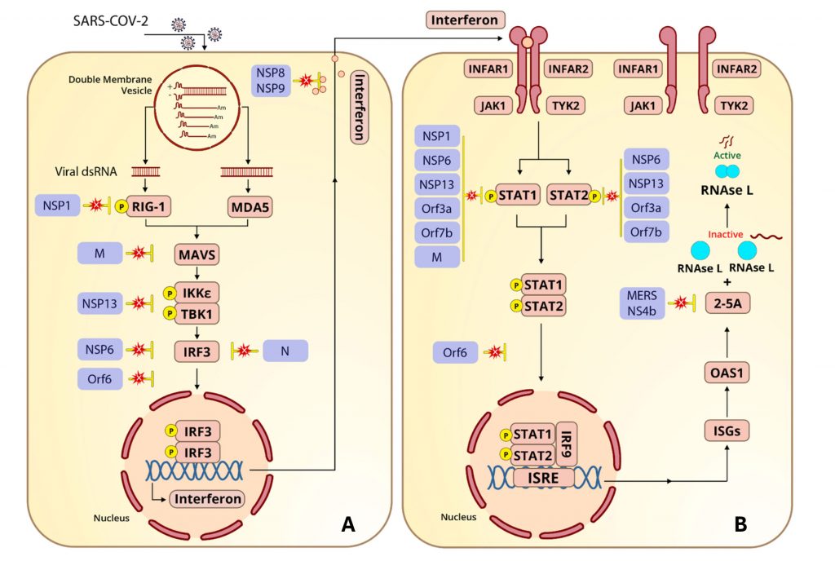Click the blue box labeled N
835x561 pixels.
point(285,351)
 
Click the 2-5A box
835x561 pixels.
point(727,303)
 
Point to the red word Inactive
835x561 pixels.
point(724,234)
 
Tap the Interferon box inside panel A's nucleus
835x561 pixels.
point(206,498)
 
